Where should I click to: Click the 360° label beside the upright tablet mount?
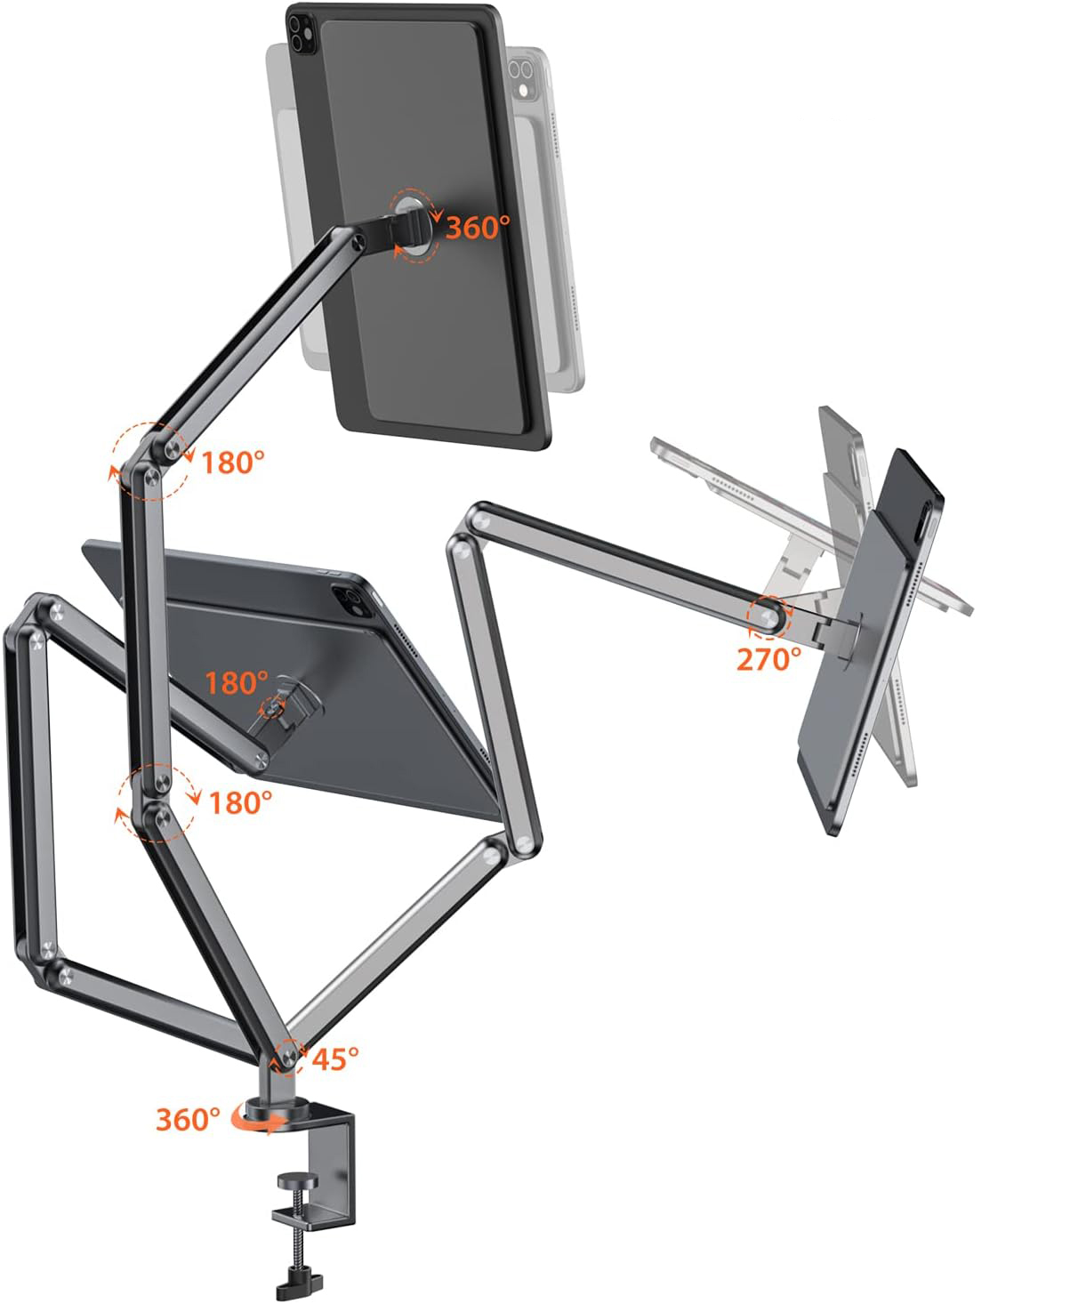(x=478, y=228)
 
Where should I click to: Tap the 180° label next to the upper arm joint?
(x=232, y=463)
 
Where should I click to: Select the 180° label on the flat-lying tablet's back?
(x=236, y=683)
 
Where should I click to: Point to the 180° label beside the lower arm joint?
(x=240, y=803)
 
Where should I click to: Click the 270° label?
(x=768, y=659)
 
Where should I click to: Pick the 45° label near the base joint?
(x=335, y=1059)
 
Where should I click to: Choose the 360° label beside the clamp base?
(x=188, y=1120)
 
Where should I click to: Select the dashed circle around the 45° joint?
(x=290, y=1058)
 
